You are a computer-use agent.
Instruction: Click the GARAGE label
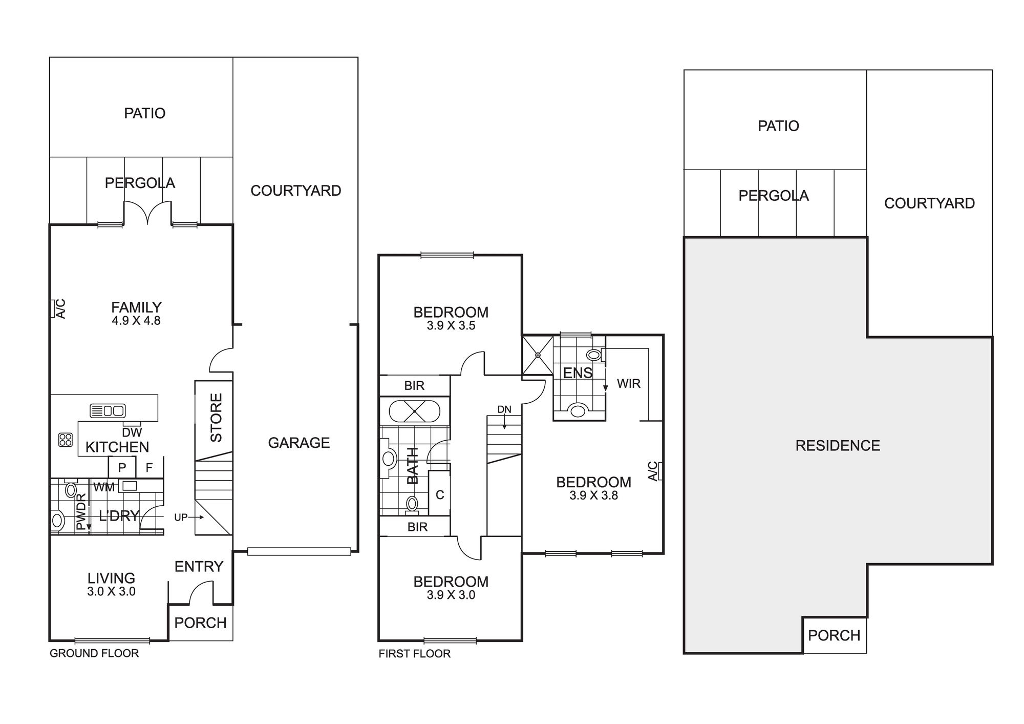pyautogui.click(x=299, y=443)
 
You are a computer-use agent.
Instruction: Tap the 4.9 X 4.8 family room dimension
pyautogui.click(x=136, y=321)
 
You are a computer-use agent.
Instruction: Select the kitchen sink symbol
pyautogui.click(x=108, y=410)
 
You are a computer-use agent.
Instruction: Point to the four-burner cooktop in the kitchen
pyautogui.click(x=66, y=440)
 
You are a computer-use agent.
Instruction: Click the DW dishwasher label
pyautogui.click(x=132, y=432)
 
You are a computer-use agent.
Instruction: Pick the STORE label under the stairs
pyautogui.click(x=216, y=418)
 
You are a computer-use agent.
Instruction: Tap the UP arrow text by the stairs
pyautogui.click(x=181, y=518)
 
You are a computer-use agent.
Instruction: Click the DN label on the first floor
pyautogui.click(x=504, y=409)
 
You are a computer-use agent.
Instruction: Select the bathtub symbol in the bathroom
pyautogui.click(x=414, y=411)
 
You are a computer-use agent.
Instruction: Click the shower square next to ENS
pyautogui.click(x=538, y=355)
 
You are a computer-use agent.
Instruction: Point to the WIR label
pyautogui.click(x=629, y=384)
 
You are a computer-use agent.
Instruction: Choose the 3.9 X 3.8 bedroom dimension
pyautogui.click(x=594, y=496)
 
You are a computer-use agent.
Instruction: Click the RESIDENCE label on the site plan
pyautogui.click(x=838, y=446)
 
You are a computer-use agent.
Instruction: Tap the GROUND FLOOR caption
pyautogui.click(x=94, y=653)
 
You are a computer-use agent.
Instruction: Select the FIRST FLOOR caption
pyautogui.click(x=415, y=654)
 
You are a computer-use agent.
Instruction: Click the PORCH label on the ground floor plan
pyautogui.click(x=200, y=623)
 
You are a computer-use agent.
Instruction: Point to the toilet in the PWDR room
pyautogui.click(x=57, y=521)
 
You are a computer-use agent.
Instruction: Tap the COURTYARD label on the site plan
pyautogui.click(x=929, y=203)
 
